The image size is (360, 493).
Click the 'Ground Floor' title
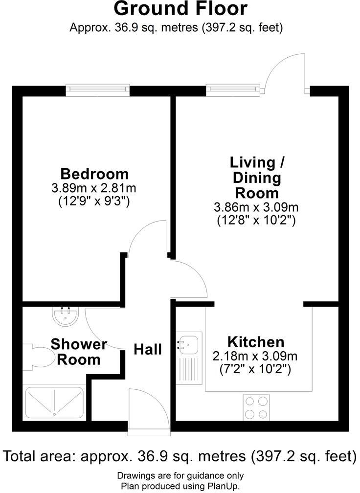180,9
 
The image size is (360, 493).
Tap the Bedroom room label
94,174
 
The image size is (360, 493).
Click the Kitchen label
255,341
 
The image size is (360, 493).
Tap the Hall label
148,349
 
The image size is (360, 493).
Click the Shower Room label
78,352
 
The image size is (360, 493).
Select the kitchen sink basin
188,344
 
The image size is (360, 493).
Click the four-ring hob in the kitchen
256,407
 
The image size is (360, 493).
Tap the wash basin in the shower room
64,316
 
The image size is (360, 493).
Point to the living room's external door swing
287,71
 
